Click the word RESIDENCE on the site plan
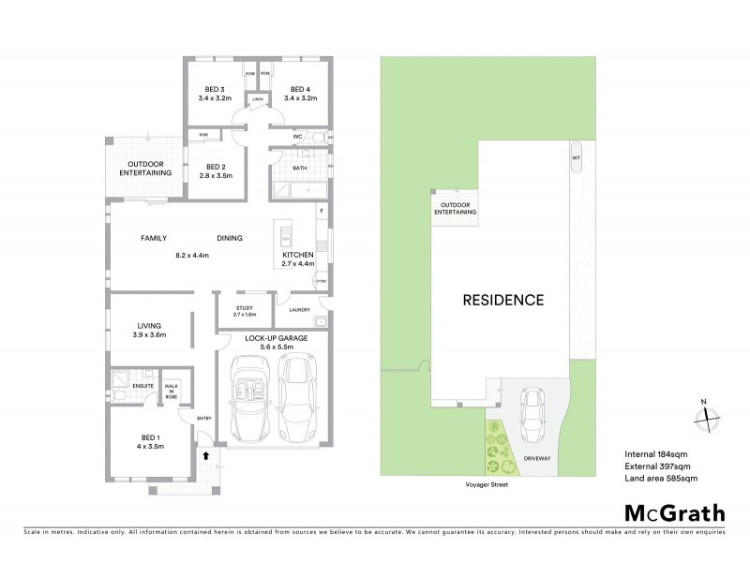503,301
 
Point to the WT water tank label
576,158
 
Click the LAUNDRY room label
300,309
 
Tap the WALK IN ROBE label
172,391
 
